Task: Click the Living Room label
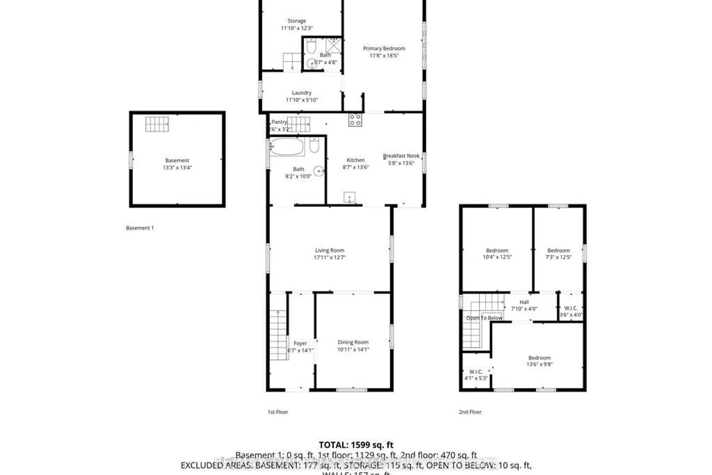point(329,250)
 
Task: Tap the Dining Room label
point(353,342)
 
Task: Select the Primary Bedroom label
point(384,48)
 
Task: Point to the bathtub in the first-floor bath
point(287,147)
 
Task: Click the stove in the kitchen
point(355,120)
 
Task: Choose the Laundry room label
point(301,93)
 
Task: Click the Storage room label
point(297,21)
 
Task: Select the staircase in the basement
point(157,124)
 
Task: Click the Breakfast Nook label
point(402,156)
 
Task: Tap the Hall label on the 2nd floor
point(524,302)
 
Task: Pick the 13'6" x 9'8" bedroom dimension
point(540,365)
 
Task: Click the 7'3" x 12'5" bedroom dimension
point(559,257)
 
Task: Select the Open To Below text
point(484,318)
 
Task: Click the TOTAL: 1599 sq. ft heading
point(356,445)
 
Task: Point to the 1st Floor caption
point(278,412)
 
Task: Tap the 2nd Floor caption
point(470,412)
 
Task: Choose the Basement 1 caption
point(140,228)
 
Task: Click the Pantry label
point(280,122)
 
